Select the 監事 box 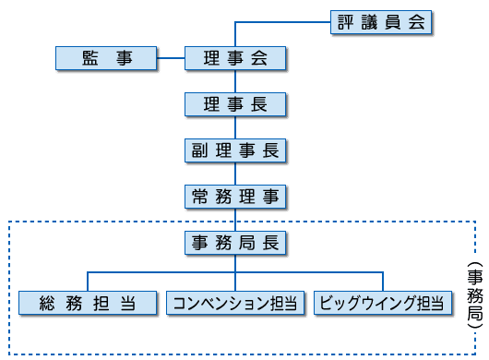tap(106, 59)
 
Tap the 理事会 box tap(235, 59)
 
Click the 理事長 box tap(235, 104)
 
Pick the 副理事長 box tap(235, 150)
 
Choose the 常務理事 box tap(235, 196)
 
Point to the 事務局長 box tap(235, 243)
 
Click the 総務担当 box tap(88, 303)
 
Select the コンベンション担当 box tap(235, 303)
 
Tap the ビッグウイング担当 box tap(382, 303)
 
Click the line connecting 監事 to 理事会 tap(171, 59)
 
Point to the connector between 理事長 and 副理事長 tap(235, 127)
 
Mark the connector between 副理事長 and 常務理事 tap(235, 173)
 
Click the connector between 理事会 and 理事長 tap(235, 81)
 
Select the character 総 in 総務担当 tap(49, 303)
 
